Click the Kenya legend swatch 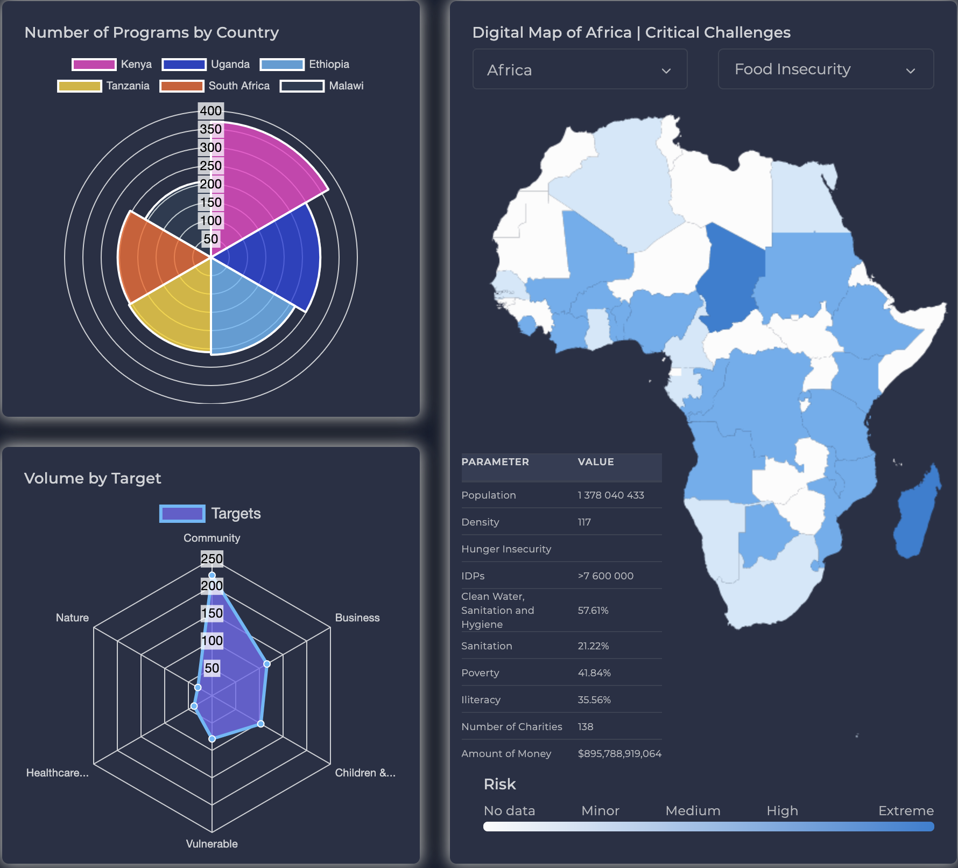click(x=94, y=65)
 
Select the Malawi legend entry click(x=346, y=86)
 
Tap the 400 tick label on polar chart click(x=210, y=111)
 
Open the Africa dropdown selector click(x=580, y=69)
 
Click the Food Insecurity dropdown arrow click(x=910, y=71)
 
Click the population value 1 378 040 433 click(x=611, y=495)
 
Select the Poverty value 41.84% click(x=594, y=673)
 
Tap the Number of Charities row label click(x=511, y=727)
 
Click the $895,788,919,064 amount click(x=619, y=754)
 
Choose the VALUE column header click(x=596, y=462)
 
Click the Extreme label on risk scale click(x=906, y=811)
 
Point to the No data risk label click(x=509, y=811)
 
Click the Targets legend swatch click(x=182, y=514)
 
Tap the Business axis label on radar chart click(x=357, y=618)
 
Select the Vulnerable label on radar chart click(x=212, y=844)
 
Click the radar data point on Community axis click(x=212, y=576)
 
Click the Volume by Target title click(x=93, y=478)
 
